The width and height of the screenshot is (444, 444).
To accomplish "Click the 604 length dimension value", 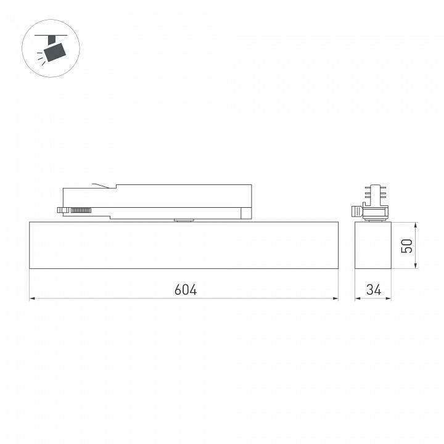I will click(x=185, y=289).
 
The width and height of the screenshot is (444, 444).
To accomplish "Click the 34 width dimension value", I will click(x=374, y=289).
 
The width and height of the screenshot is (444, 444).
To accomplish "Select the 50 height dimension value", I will click(x=406, y=246).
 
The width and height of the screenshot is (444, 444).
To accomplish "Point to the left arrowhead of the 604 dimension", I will click(x=32, y=298).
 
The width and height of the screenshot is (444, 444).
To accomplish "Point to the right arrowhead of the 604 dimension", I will click(x=336, y=298).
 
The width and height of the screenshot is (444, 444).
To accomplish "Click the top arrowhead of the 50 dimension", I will click(x=416, y=224).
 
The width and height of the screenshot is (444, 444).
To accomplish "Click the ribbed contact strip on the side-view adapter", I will click(x=81, y=211).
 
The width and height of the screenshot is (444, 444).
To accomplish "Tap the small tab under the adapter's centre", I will click(x=183, y=218).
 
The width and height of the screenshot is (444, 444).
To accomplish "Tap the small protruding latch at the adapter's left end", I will click(x=61, y=210).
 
